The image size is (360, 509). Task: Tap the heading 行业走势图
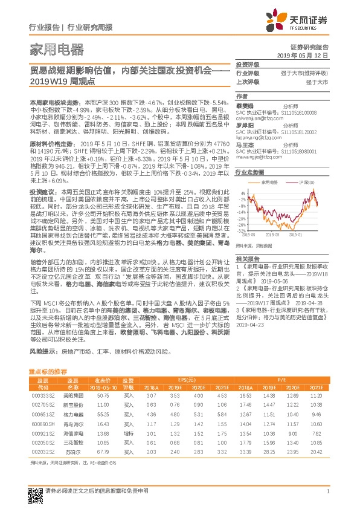(x=248, y=172)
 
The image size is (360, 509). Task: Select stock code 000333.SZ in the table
(x=42, y=395)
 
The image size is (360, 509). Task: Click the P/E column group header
(x=282, y=380)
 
